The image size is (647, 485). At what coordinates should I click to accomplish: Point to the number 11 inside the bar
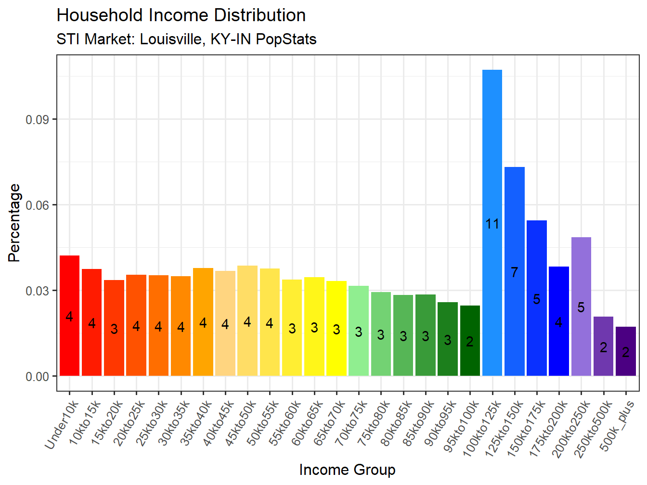click(x=492, y=224)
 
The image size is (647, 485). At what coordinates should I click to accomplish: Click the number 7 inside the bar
click(x=514, y=272)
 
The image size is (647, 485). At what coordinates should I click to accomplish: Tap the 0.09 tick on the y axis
click(x=38, y=119)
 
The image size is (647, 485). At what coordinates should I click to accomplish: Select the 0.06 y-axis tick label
click(x=38, y=205)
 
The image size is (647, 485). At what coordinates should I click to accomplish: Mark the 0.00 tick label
click(x=38, y=376)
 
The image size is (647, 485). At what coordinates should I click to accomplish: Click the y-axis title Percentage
click(x=14, y=223)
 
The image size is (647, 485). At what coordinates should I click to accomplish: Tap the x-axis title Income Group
click(x=347, y=470)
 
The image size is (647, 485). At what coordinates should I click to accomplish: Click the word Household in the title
click(x=100, y=15)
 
